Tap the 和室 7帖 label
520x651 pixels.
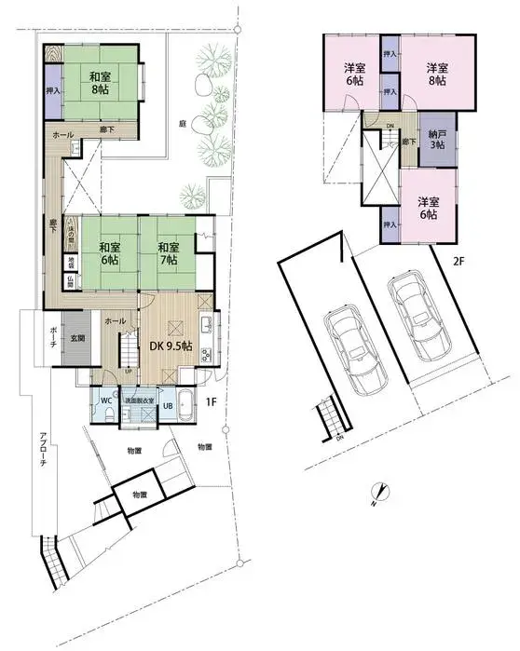[x=168, y=252]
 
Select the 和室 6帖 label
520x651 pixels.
[x=109, y=252]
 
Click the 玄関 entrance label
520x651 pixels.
[x=76, y=339]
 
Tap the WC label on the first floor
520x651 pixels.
[x=106, y=400]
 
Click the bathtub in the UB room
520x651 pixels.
[x=186, y=406]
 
